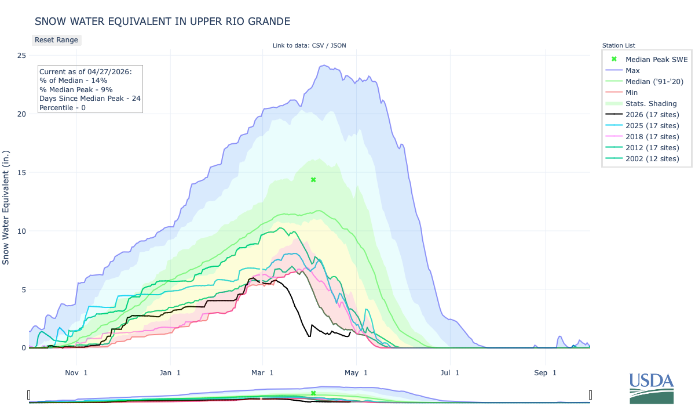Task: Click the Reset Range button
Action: (56, 40)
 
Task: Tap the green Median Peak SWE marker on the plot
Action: (313, 180)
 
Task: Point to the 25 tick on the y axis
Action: (21, 56)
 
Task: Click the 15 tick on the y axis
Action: (21, 172)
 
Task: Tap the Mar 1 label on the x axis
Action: (263, 372)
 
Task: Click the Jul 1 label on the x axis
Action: (449, 372)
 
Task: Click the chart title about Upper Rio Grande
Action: (162, 21)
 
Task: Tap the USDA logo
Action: (652, 387)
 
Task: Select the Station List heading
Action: (619, 45)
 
